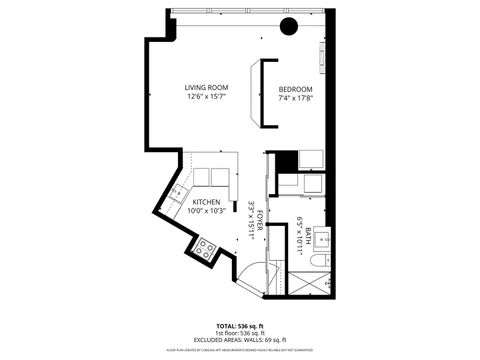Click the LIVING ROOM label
pos(207,87)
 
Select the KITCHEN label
pos(207,201)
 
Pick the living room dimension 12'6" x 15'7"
pos(207,97)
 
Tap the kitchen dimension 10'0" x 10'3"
pos(207,210)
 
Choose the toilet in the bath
pos(317,262)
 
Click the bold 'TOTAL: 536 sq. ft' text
pos(239,325)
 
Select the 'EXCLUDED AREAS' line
pos(239,340)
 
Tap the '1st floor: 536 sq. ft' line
pos(239,333)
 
